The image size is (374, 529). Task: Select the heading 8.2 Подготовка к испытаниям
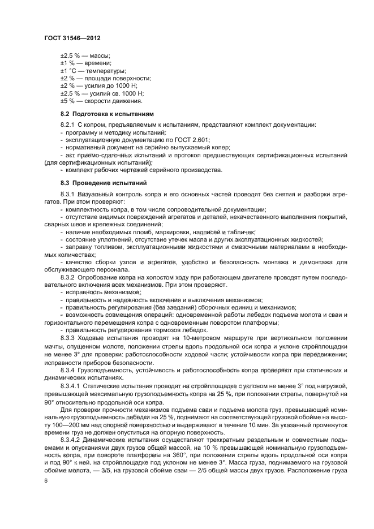tap(99, 114)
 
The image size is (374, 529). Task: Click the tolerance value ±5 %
tap(67, 101)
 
